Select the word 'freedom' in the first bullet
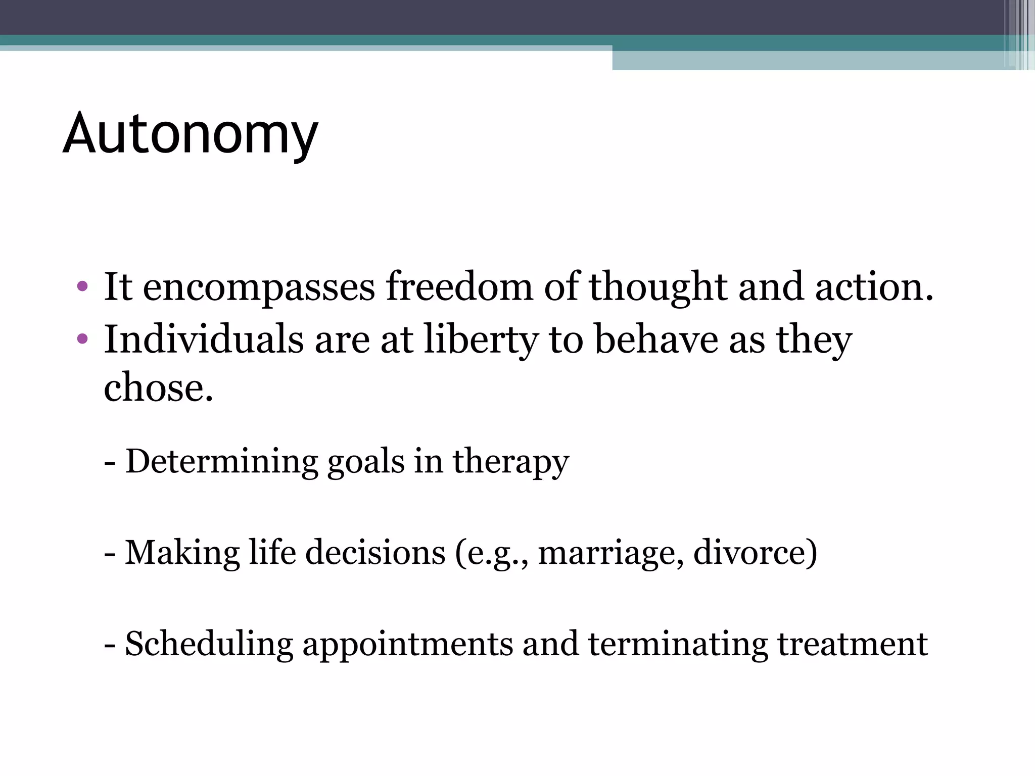[x=459, y=286]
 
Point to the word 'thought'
[x=657, y=287]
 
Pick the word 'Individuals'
[x=204, y=339]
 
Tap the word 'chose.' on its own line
[x=158, y=387]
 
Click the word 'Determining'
[x=221, y=462]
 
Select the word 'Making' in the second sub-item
[x=182, y=553]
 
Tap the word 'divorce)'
[x=755, y=553]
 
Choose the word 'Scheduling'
[x=209, y=645]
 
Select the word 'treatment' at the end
[x=852, y=645]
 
